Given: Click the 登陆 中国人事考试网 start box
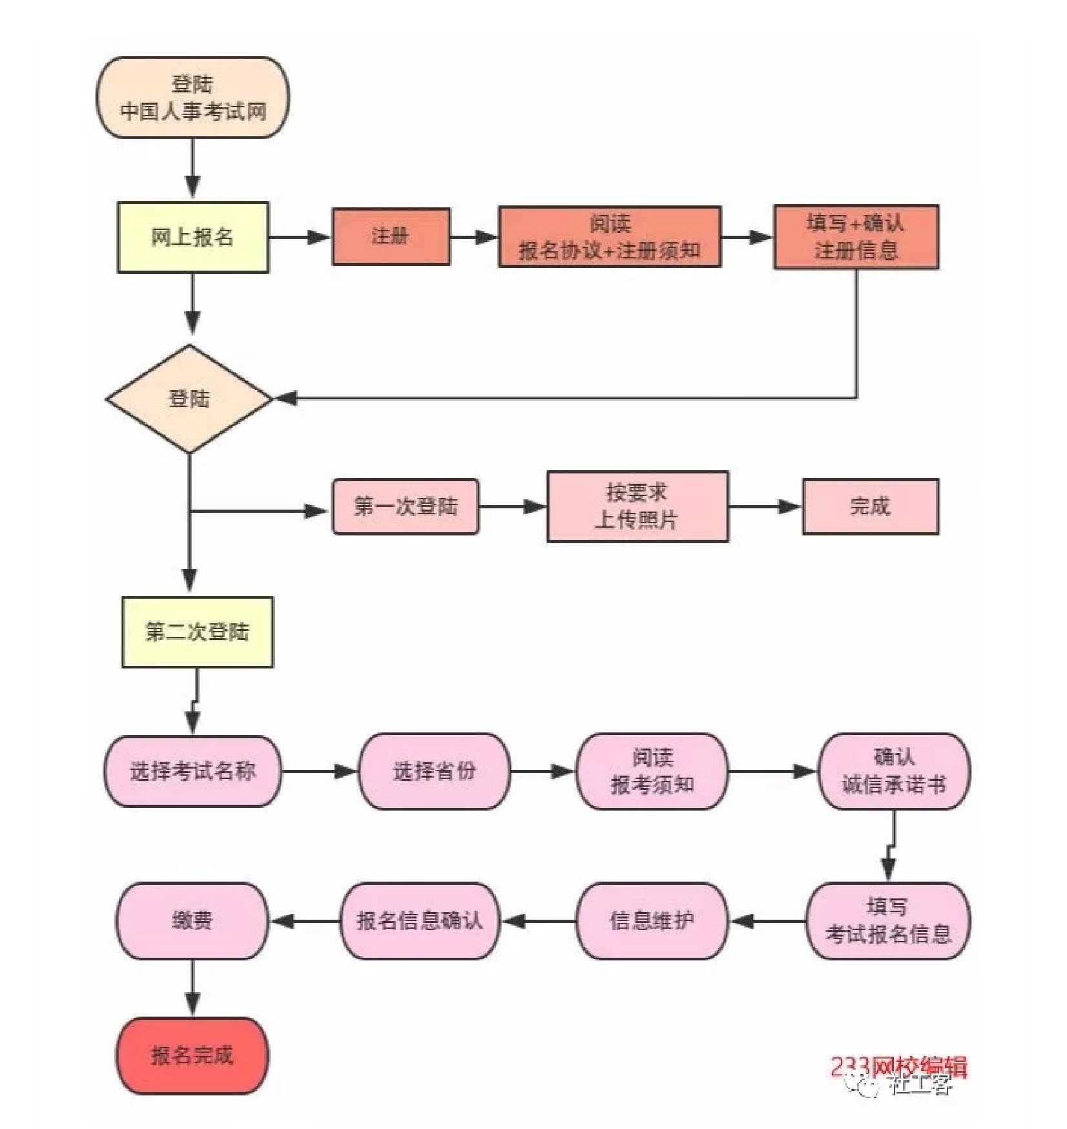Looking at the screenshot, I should (192, 98).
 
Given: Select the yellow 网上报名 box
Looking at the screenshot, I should (192, 237).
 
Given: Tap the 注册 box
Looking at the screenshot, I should (391, 236).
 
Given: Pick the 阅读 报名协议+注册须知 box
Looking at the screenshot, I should (610, 237).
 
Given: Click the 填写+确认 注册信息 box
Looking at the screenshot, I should (856, 237).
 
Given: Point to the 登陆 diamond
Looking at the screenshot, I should (189, 399).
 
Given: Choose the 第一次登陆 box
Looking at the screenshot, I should (406, 506).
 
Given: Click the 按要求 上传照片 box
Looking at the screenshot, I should (637, 506).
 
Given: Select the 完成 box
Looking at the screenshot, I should (870, 506).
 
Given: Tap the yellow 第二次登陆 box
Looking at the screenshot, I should (197, 632).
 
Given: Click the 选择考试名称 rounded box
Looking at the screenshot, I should (192, 771).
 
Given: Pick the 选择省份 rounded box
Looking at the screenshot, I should (434, 771).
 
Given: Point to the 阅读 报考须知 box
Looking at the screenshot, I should (652, 771).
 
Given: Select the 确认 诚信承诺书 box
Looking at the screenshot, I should (894, 771).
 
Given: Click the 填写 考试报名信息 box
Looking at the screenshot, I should (888, 920).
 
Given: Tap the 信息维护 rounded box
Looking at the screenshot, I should (652, 920).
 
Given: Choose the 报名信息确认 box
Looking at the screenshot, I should (420, 920).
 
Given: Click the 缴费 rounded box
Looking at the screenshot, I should (192, 920).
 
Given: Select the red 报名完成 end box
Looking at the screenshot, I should (192, 1055).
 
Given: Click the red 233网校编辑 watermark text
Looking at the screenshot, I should (898, 1066).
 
